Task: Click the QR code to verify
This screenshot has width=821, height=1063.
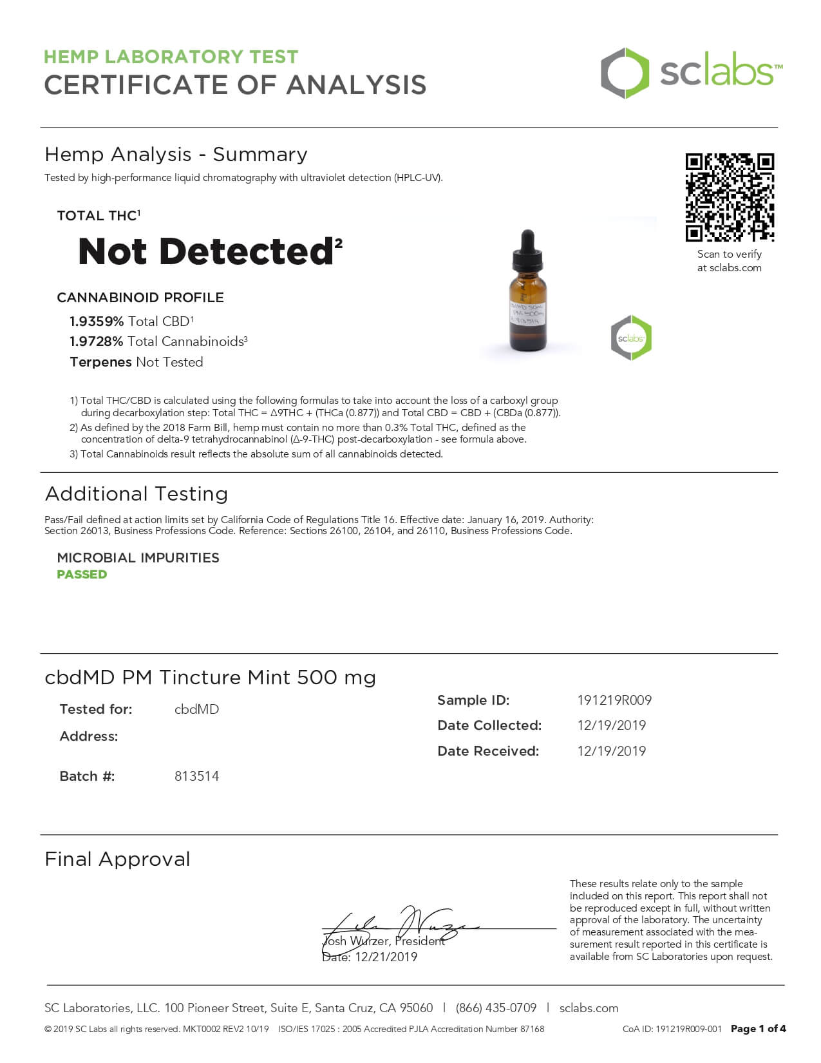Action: pyautogui.click(x=729, y=197)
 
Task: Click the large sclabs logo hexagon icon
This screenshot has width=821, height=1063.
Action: pyautogui.click(x=624, y=73)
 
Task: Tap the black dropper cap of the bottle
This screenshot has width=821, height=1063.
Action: pyautogui.click(x=527, y=252)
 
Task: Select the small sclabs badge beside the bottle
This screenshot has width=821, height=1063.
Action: pyautogui.click(x=631, y=338)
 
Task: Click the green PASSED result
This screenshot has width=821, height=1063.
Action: pyautogui.click(x=82, y=575)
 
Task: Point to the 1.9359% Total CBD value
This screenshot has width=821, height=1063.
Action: pyautogui.click(x=97, y=321)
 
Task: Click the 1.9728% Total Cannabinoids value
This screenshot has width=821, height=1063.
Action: pyautogui.click(x=97, y=341)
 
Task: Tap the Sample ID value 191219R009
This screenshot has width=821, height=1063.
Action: pyautogui.click(x=614, y=700)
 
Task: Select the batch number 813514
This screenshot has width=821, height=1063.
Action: pyautogui.click(x=196, y=776)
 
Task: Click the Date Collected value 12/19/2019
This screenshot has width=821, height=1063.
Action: pyautogui.click(x=611, y=725)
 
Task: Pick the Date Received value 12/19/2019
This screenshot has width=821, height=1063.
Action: pyautogui.click(x=611, y=751)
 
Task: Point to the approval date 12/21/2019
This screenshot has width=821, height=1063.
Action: pyautogui.click(x=386, y=957)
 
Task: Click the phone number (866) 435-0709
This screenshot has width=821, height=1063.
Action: pyautogui.click(x=496, y=1008)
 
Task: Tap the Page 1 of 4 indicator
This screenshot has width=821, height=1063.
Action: pyautogui.click(x=758, y=1029)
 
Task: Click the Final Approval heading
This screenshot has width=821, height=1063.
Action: pyautogui.click(x=117, y=859)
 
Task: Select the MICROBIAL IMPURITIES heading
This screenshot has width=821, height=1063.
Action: pyautogui.click(x=138, y=558)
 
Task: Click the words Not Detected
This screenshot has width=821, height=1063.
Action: pyautogui.click(x=205, y=252)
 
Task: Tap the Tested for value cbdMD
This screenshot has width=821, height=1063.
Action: pyautogui.click(x=196, y=709)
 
